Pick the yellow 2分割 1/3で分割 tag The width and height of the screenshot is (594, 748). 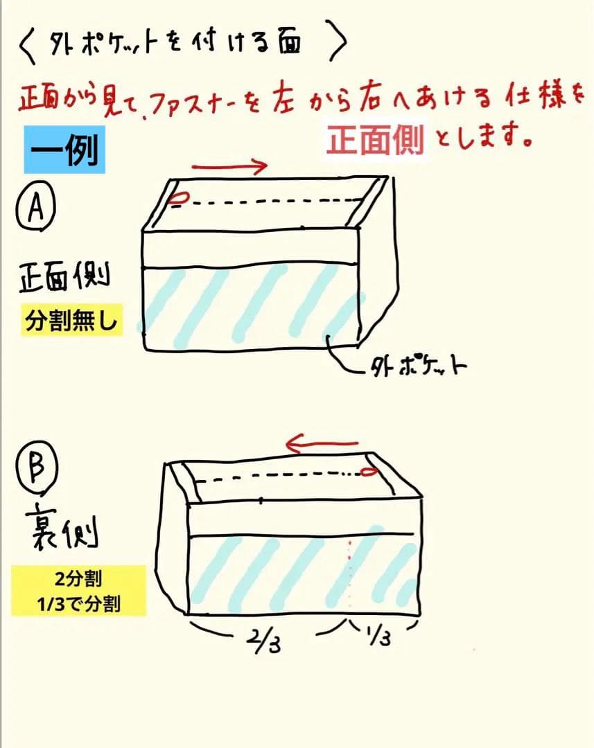click(79, 591)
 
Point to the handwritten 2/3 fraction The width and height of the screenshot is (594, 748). click(261, 643)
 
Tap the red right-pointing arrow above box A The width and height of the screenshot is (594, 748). click(229, 166)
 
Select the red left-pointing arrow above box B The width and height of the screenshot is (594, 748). click(323, 443)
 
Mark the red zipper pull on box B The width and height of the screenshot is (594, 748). click(368, 472)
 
